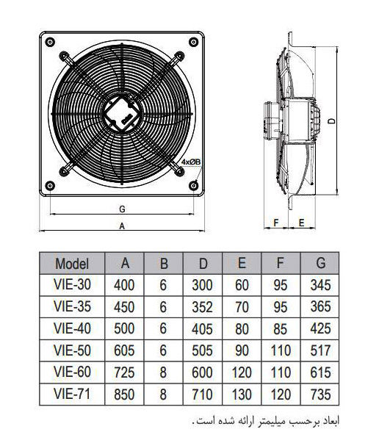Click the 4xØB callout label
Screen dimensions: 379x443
[x=191, y=162]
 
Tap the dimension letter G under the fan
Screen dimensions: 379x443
[x=122, y=209]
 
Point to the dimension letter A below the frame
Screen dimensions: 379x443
[x=122, y=226]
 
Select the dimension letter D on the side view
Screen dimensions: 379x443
[x=333, y=120]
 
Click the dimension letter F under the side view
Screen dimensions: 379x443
[x=276, y=223]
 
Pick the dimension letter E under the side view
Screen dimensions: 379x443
[x=301, y=223]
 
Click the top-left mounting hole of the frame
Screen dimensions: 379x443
[x=50, y=43]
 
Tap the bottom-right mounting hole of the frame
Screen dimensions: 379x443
[x=193, y=186]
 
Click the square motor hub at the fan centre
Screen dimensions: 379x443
[x=122, y=114]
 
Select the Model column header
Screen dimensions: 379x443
[x=72, y=264]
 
